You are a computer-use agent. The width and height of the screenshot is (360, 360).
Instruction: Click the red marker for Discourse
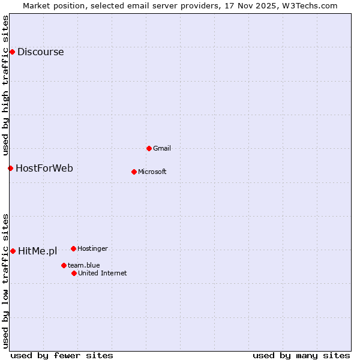pos(12,52)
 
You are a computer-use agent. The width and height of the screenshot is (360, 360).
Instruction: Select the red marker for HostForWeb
pos(10,168)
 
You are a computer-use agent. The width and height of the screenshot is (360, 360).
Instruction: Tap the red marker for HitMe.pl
pos(13,251)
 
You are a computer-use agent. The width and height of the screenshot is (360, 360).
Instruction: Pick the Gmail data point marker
pos(149,148)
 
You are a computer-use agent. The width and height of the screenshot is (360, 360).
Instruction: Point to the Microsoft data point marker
pos(134,172)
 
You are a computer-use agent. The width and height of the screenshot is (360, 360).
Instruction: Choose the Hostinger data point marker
pos(73,248)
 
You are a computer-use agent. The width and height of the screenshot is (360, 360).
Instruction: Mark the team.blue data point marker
pos(64,265)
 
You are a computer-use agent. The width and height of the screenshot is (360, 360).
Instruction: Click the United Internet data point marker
pos(74,273)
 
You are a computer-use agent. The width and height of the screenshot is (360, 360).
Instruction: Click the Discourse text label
pos(40,52)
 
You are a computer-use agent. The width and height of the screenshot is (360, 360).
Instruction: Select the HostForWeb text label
pos(44,168)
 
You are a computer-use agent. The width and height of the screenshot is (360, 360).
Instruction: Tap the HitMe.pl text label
pos(37,251)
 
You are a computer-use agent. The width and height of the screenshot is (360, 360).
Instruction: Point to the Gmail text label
pos(162,148)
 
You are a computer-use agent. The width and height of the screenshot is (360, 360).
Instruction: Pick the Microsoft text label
pos(152,172)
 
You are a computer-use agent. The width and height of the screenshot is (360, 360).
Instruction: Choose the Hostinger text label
pos(92,248)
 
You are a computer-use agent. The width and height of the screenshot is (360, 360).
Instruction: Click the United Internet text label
pos(102,273)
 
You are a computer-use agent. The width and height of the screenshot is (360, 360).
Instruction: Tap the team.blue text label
pos(83,265)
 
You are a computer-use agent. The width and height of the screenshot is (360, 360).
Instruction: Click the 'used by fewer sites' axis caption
pos(62,355)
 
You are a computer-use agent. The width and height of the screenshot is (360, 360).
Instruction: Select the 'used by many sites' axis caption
pos(301,355)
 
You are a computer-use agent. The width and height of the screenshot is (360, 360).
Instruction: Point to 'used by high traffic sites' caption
pos(6,84)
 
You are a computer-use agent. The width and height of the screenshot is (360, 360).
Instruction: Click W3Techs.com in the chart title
pos(310,5)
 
